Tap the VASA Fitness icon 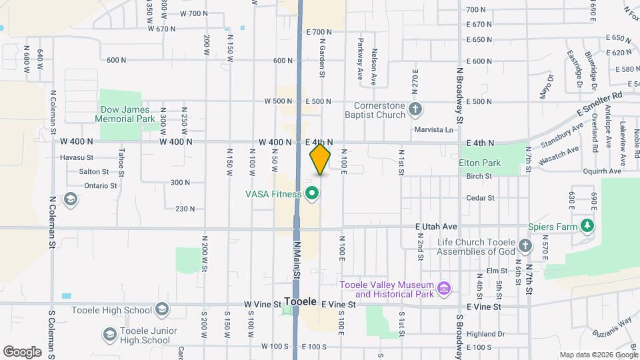coord(311,194)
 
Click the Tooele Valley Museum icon coord(444,289)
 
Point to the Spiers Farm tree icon coord(587,226)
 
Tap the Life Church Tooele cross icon coord(525,246)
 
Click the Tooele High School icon coord(161,309)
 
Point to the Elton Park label coord(479,162)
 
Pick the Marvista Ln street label coord(433,129)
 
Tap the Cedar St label coord(480,198)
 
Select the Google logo coord(22,351)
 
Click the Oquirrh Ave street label coord(602,171)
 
